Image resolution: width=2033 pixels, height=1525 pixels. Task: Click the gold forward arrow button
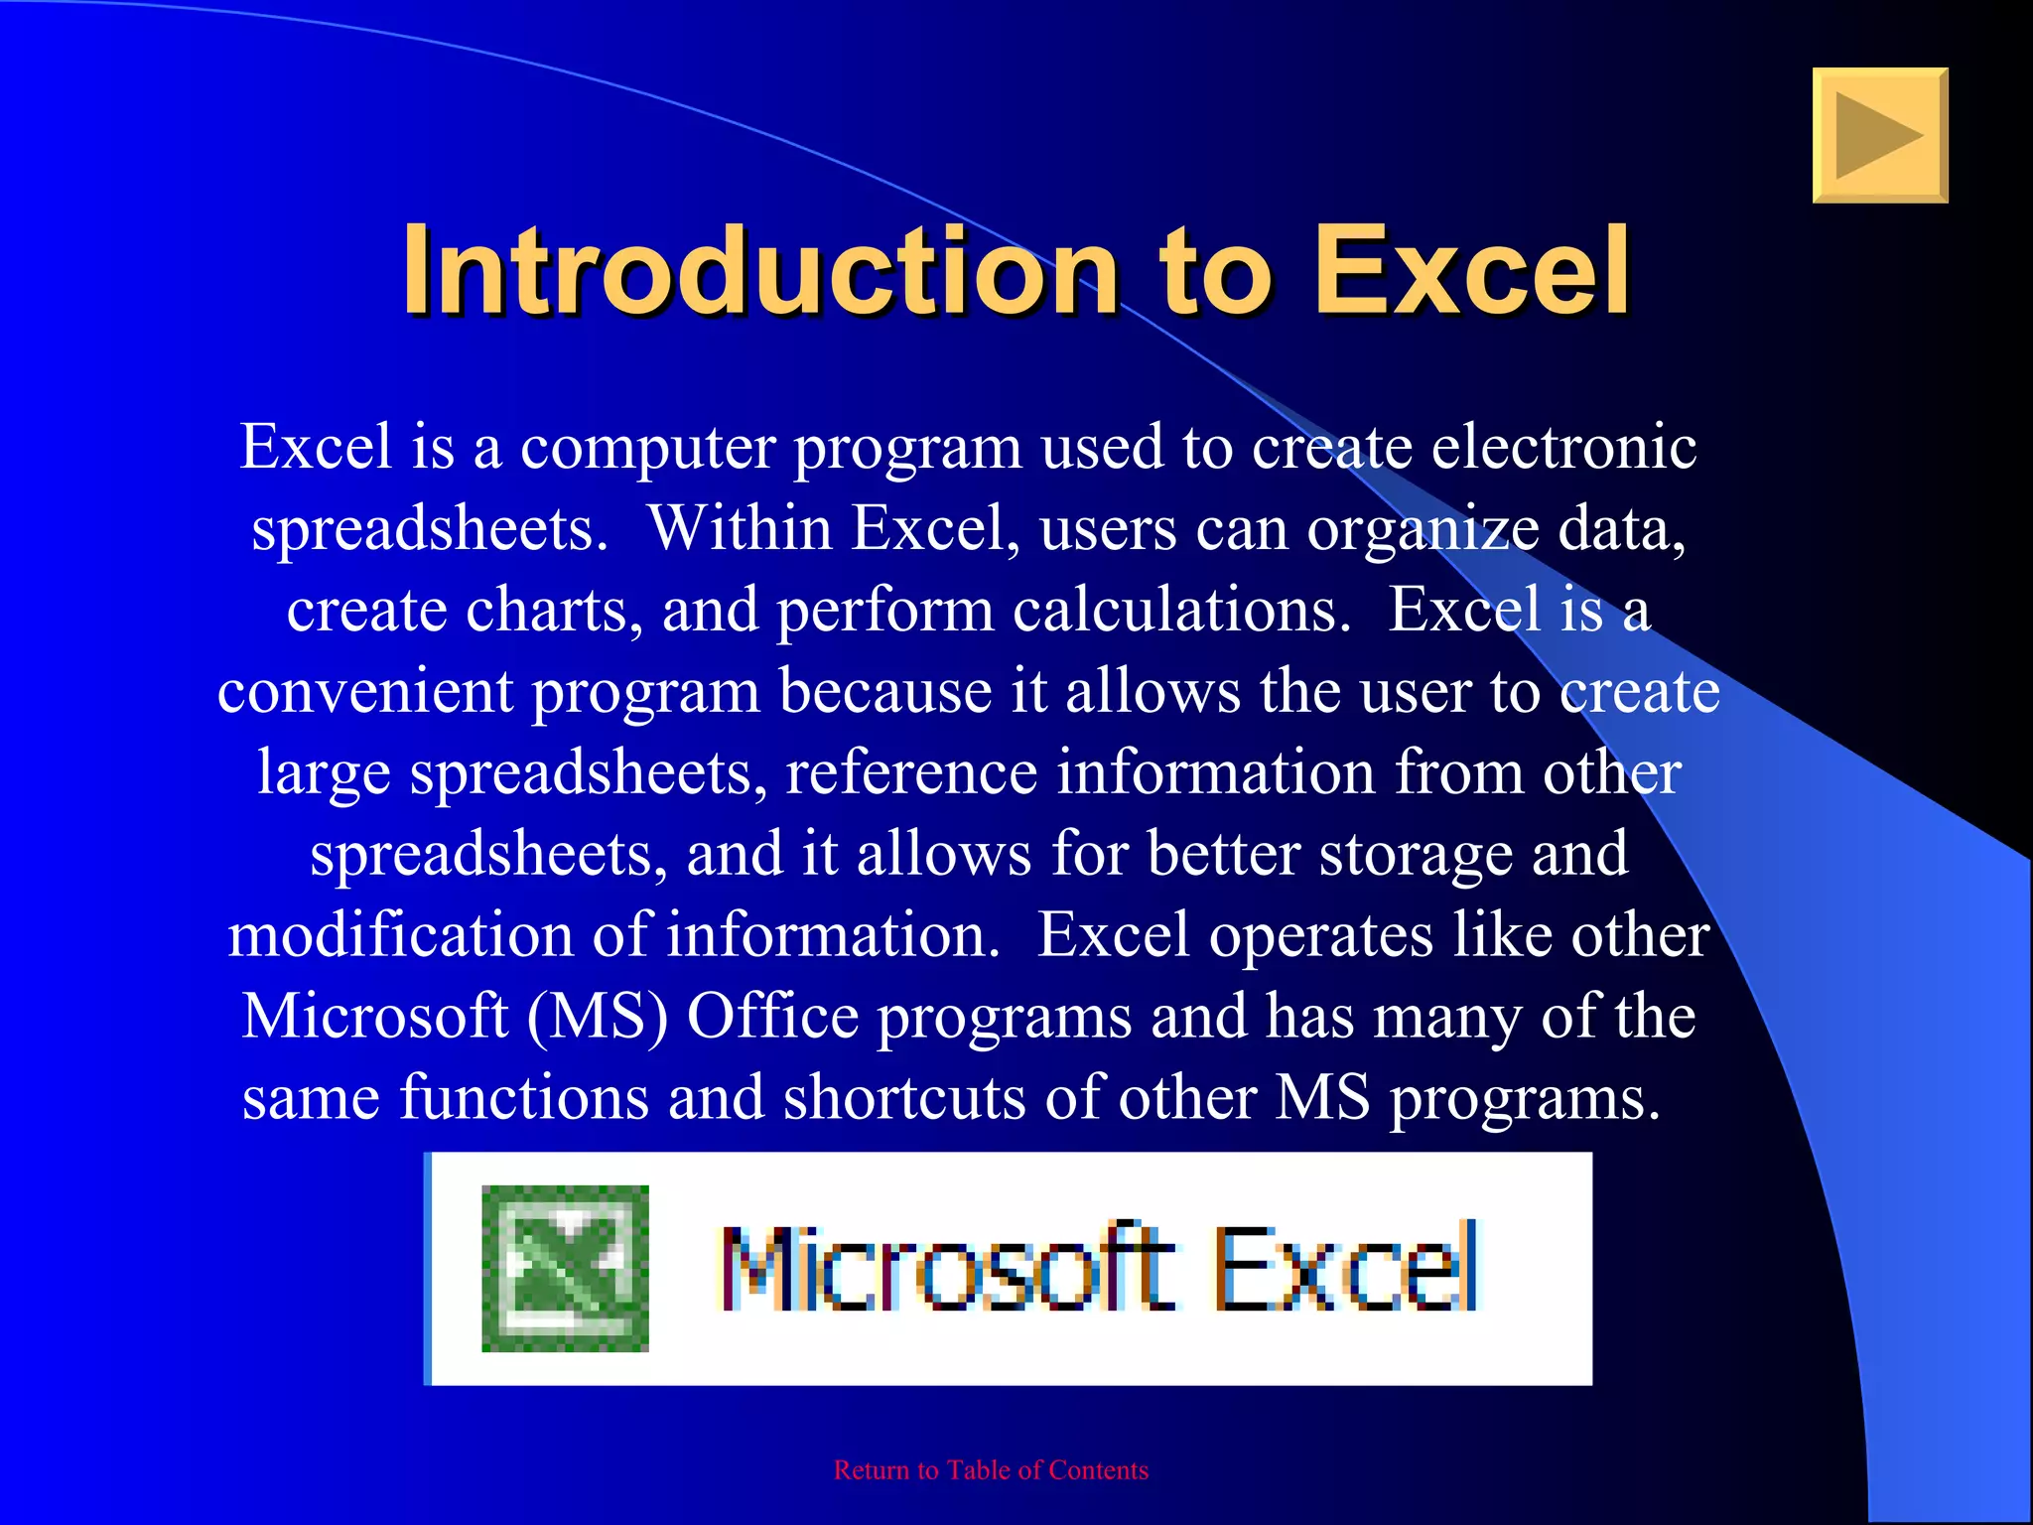coord(1879,135)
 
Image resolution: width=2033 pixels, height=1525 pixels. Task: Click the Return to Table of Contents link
coord(991,1470)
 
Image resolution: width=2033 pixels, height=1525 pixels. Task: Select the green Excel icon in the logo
coord(565,1268)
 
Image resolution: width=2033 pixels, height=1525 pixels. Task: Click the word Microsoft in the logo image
coord(948,1268)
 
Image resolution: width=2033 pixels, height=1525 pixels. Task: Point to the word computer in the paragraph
coord(647,448)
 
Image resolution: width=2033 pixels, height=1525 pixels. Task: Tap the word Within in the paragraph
coord(740,528)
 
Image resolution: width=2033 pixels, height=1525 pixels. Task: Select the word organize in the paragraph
coord(1423,530)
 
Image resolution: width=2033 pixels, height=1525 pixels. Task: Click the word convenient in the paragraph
coord(364,691)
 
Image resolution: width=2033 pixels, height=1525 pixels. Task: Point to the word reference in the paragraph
coord(910,772)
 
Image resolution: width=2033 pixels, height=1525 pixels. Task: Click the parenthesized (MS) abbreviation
coord(597,1018)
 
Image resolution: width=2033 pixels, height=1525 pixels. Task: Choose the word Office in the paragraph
coord(772,1017)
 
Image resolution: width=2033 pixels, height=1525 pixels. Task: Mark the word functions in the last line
coord(524,1098)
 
